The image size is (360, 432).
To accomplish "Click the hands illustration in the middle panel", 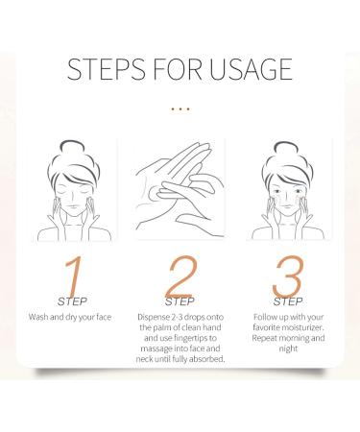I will coord(180,187).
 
